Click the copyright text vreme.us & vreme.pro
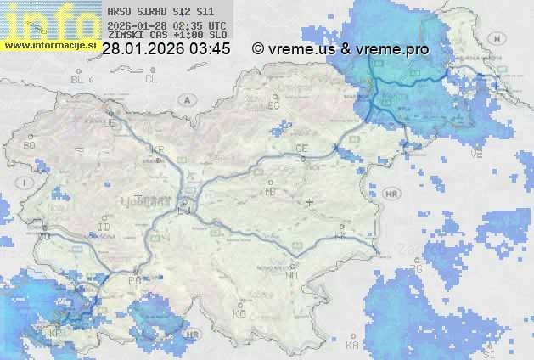point(340,49)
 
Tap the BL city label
point(79,79)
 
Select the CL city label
point(151,79)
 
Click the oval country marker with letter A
point(185,99)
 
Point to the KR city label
point(157,149)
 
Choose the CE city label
point(301,149)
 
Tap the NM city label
point(293,275)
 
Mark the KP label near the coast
point(56,333)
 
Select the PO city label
point(132,279)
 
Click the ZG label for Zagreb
point(416,269)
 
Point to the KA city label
point(352,346)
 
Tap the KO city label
point(239,313)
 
